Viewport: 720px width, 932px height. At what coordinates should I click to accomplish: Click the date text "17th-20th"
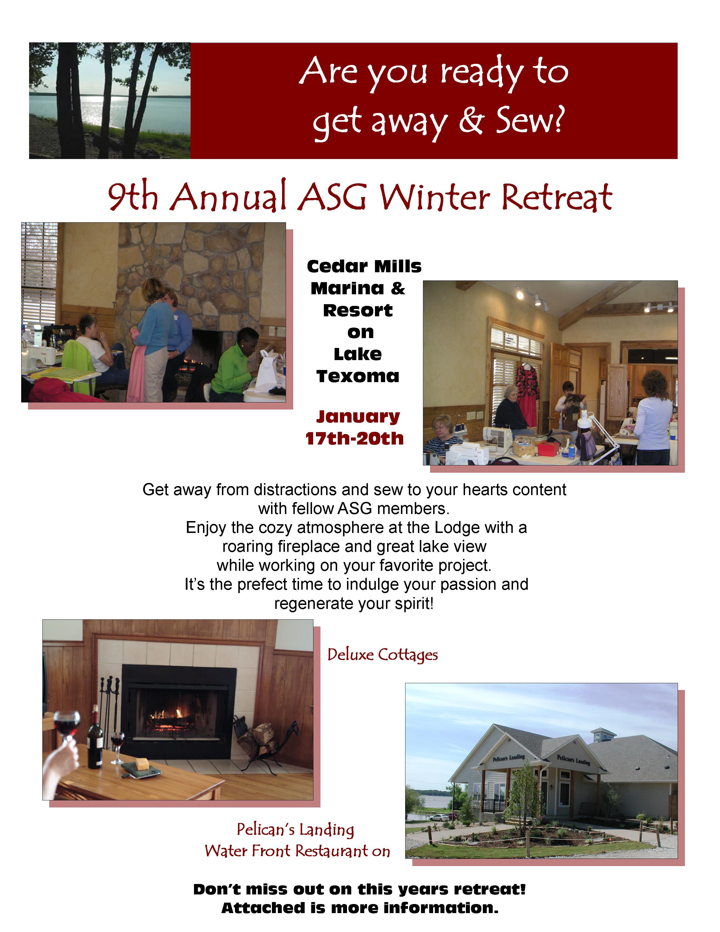point(354,438)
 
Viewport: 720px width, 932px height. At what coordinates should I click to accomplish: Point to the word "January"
point(358,417)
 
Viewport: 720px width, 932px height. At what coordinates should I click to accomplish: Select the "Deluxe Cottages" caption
point(383,655)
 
